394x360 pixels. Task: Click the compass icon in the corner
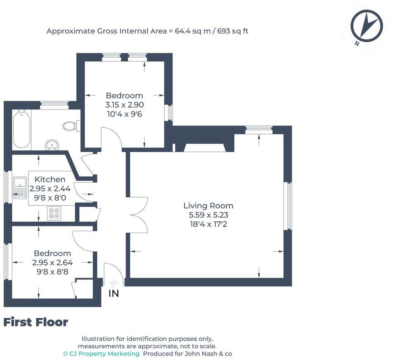tap(367, 26)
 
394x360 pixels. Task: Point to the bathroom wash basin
tap(53, 145)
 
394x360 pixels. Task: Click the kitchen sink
tap(20, 188)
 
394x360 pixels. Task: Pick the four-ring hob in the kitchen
tap(54, 213)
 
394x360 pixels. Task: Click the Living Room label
tap(208, 205)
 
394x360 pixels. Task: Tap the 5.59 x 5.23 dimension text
tap(208, 215)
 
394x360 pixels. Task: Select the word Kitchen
tap(50, 179)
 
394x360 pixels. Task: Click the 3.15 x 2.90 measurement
tap(125, 105)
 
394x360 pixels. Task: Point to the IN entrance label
tap(114, 293)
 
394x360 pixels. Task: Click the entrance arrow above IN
tap(114, 283)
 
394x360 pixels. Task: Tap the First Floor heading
tap(36, 322)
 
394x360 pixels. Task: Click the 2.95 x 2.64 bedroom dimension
tap(52, 262)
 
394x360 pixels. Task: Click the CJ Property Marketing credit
tap(101, 354)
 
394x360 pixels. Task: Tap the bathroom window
tap(55, 105)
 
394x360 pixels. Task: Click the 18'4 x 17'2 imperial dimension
tap(208, 224)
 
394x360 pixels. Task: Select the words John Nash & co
tap(208, 354)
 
